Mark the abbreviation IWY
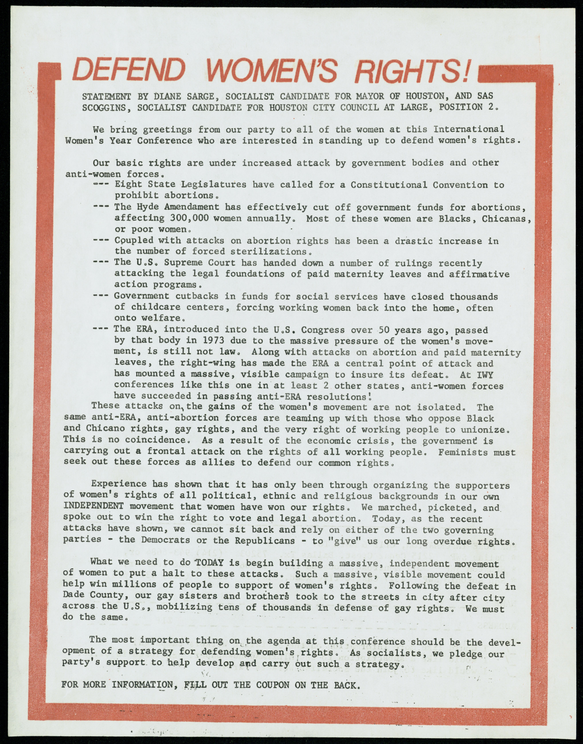(x=485, y=375)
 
